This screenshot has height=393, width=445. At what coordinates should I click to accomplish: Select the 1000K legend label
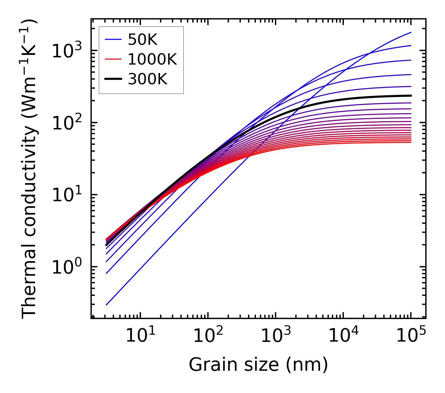[x=152, y=59]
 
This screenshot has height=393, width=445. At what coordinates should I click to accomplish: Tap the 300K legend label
[x=147, y=79]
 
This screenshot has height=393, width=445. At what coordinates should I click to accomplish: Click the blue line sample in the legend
[x=113, y=39]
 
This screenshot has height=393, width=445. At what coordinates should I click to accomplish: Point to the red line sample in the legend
[x=113, y=59]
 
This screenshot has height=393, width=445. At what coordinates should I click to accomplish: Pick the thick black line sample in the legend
[x=113, y=79]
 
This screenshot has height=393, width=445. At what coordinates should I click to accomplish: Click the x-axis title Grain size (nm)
[x=258, y=365]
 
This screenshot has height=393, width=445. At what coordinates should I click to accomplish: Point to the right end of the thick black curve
[x=411, y=96]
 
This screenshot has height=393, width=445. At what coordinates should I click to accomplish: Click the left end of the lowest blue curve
[x=106, y=305]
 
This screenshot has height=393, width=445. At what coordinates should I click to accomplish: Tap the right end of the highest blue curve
[x=411, y=32]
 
